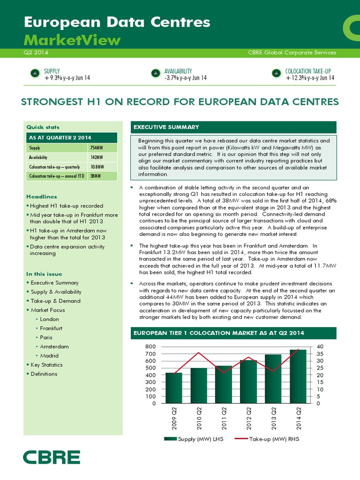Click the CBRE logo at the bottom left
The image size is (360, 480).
coord(52,457)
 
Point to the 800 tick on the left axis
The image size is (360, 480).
coord(150,346)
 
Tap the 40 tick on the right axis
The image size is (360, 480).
coord(321,346)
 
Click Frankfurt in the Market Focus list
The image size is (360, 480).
coord(52,328)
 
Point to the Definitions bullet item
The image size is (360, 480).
coord(44,374)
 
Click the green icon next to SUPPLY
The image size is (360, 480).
coord(35,73)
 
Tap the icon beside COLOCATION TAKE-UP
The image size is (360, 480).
coord(276,73)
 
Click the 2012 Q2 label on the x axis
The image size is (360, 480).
coord(249,419)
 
